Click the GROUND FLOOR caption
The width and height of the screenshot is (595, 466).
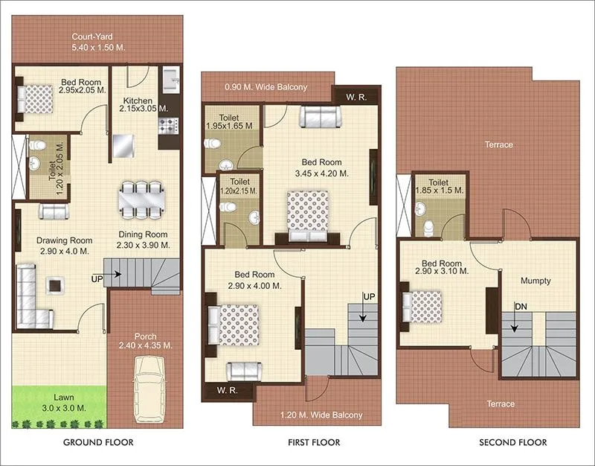(99, 442)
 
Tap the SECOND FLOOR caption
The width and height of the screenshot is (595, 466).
(512, 442)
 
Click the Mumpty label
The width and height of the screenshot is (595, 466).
(535, 281)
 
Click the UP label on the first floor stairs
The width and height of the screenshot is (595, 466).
(368, 297)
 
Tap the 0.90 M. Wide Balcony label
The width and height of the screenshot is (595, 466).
(266, 87)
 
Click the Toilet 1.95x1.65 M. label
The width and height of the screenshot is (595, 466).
(231, 121)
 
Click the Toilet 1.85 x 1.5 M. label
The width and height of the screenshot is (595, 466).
(440, 186)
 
